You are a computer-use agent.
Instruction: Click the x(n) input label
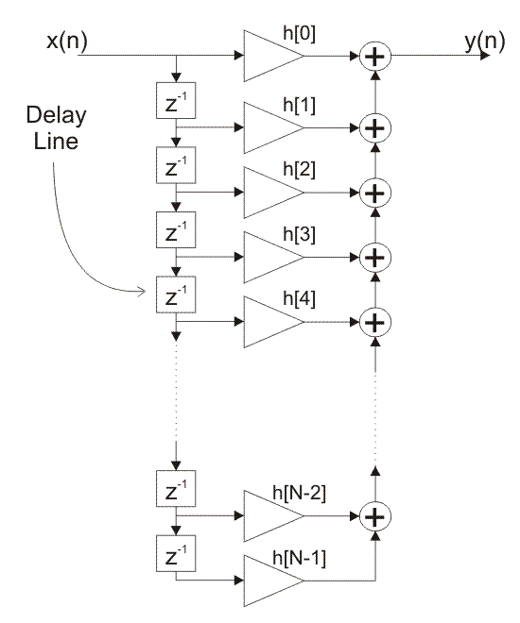pyautogui.click(x=67, y=42)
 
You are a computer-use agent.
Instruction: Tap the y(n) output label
pyautogui.click(x=485, y=42)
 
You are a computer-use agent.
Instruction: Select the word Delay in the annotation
pyautogui.click(x=56, y=115)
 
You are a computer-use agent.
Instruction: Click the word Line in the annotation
pyautogui.click(x=56, y=142)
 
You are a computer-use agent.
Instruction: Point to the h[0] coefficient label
pyautogui.click(x=299, y=34)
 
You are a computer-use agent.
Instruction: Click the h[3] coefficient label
pyautogui.click(x=299, y=234)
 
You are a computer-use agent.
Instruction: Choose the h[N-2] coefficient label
pyautogui.click(x=299, y=493)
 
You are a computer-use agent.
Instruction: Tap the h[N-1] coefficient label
pyautogui.click(x=299, y=558)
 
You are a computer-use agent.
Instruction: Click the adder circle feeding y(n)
pyautogui.click(x=375, y=57)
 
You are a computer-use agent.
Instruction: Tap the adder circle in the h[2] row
pyautogui.click(x=375, y=194)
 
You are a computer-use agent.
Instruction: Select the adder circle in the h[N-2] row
pyautogui.click(x=375, y=516)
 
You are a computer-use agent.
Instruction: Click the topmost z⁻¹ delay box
pyautogui.click(x=176, y=100)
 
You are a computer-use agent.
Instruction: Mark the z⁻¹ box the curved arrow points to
pyautogui.click(x=176, y=295)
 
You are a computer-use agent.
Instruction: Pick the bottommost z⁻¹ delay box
pyautogui.click(x=176, y=553)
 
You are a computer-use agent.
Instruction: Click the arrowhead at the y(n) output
pyautogui.click(x=485, y=56)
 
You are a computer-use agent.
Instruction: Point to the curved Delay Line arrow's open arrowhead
pyautogui.click(x=142, y=292)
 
